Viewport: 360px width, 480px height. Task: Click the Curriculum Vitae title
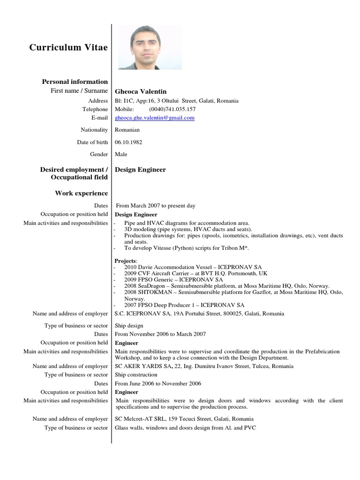(x=68, y=47)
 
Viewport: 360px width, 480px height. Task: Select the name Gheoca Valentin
(x=141, y=91)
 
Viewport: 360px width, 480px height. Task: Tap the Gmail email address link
(x=155, y=118)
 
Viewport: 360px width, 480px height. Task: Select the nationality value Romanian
(x=127, y=130)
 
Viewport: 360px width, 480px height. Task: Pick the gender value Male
(x=121, y=154)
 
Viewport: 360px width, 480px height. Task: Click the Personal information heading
(x=75, y=82)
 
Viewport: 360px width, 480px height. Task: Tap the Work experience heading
(x=81, y=193)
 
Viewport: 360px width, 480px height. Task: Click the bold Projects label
(x=126, y=260)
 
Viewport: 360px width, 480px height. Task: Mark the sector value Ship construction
(x=136, y=375)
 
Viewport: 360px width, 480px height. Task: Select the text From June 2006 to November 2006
(x=158, y=383)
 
